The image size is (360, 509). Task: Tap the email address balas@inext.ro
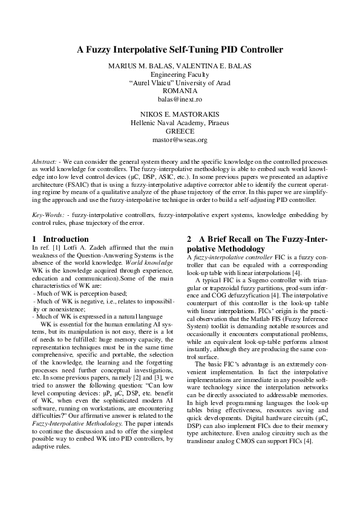(180, 98)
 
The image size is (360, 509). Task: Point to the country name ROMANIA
(180, 90)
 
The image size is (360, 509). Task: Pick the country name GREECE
(180, 131)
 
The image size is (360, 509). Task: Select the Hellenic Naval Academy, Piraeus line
(180, 122)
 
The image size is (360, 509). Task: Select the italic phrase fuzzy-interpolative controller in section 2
(222, 258)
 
